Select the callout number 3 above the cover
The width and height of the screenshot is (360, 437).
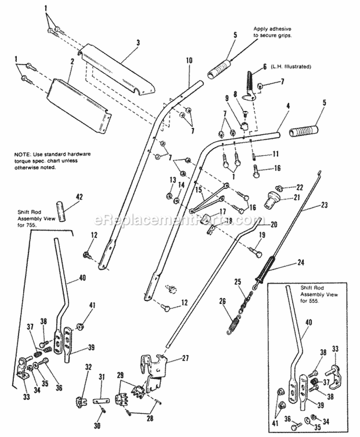[x=138, y=43]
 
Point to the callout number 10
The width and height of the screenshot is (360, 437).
[x=189, y=61]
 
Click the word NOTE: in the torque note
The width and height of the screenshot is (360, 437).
[x=23, y=154]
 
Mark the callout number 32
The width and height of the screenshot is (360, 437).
[x=88, y=367]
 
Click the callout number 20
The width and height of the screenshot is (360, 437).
[x=274, y=224]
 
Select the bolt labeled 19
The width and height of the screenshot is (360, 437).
[x=255, y=250]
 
